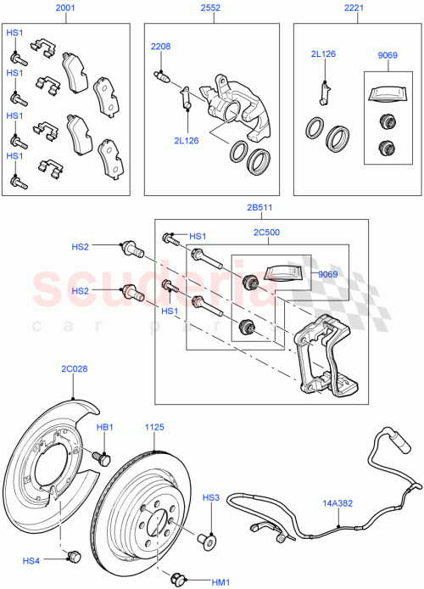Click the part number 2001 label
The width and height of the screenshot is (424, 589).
click(64, 8)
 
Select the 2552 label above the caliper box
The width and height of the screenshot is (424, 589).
click(209, 8)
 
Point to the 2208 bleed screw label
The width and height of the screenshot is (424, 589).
click(161, 47)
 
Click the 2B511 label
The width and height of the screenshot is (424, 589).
click(260, 206)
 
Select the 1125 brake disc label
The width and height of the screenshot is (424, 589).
click(154, 428)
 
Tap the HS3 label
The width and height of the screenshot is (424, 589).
click(210, 497)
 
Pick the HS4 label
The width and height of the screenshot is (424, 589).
click(31, 560)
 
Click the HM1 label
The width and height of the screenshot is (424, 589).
click(220, 581)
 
